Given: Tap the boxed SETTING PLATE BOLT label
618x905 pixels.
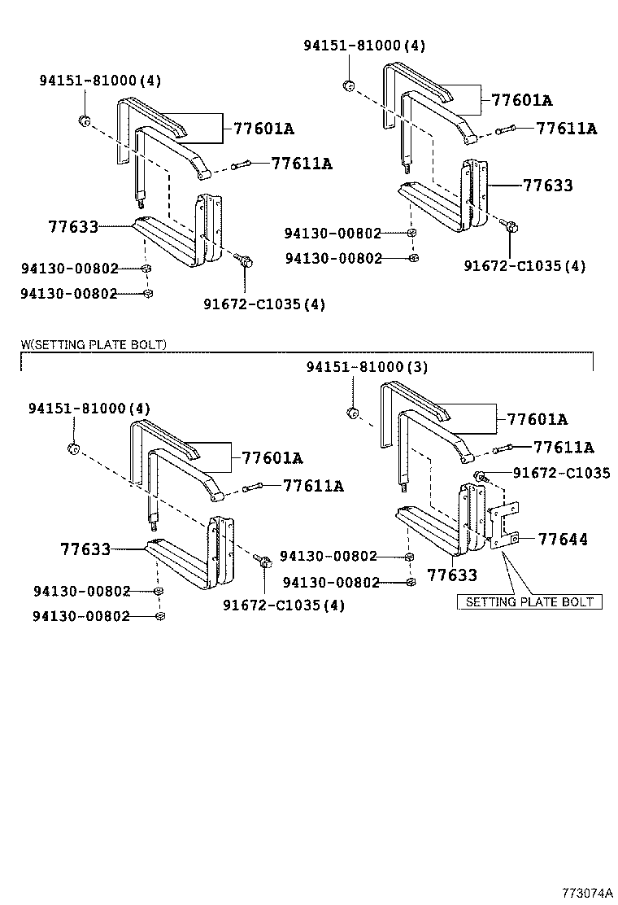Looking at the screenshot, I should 529,602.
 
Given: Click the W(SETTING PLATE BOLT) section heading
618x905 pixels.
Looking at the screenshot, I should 94,345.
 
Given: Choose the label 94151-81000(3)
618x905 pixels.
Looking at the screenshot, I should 366,367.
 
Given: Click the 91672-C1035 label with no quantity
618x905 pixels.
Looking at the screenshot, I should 561,473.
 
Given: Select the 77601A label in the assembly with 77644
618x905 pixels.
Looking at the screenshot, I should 537,420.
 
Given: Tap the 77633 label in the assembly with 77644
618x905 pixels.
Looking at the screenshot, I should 452,575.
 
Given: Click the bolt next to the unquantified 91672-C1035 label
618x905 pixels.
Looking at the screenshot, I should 481,476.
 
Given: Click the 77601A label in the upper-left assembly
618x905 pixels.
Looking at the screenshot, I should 263,129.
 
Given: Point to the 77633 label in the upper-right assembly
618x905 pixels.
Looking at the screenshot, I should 547,186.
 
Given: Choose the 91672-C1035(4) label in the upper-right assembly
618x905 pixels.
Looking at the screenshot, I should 525,265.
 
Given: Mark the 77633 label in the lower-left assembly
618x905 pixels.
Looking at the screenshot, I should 85,549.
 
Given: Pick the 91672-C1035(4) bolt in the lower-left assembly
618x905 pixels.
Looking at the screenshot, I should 263,562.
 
